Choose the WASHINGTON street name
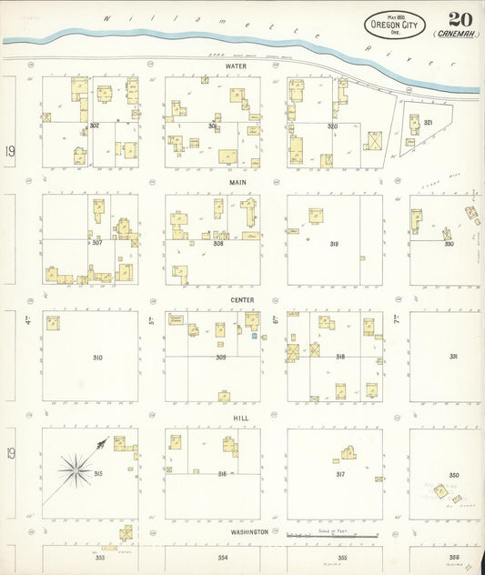coord(248,531)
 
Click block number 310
coord(96,358)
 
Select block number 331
coord(452,357)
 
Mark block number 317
coord(339,474)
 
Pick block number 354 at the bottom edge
coord(222,557)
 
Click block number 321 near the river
coord(428,121)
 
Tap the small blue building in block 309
coord(254,336)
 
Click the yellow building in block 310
coord(53,322)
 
